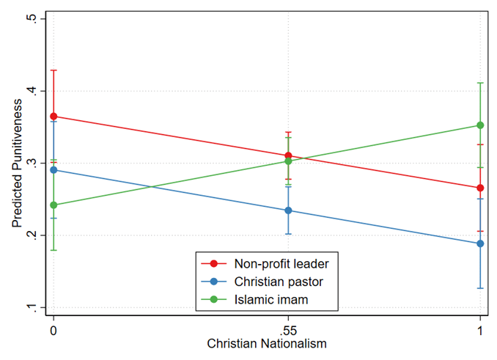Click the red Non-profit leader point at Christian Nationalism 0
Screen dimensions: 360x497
53,117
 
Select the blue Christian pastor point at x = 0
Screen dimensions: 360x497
53,170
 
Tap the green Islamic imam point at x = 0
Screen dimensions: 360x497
53,205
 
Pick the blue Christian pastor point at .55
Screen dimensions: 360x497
288,210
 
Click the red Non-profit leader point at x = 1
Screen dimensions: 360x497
480,188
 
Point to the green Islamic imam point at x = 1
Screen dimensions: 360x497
480,125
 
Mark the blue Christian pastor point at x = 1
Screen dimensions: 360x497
480,243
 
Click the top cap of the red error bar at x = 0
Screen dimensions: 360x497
53,70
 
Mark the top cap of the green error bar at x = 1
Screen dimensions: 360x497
480,83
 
